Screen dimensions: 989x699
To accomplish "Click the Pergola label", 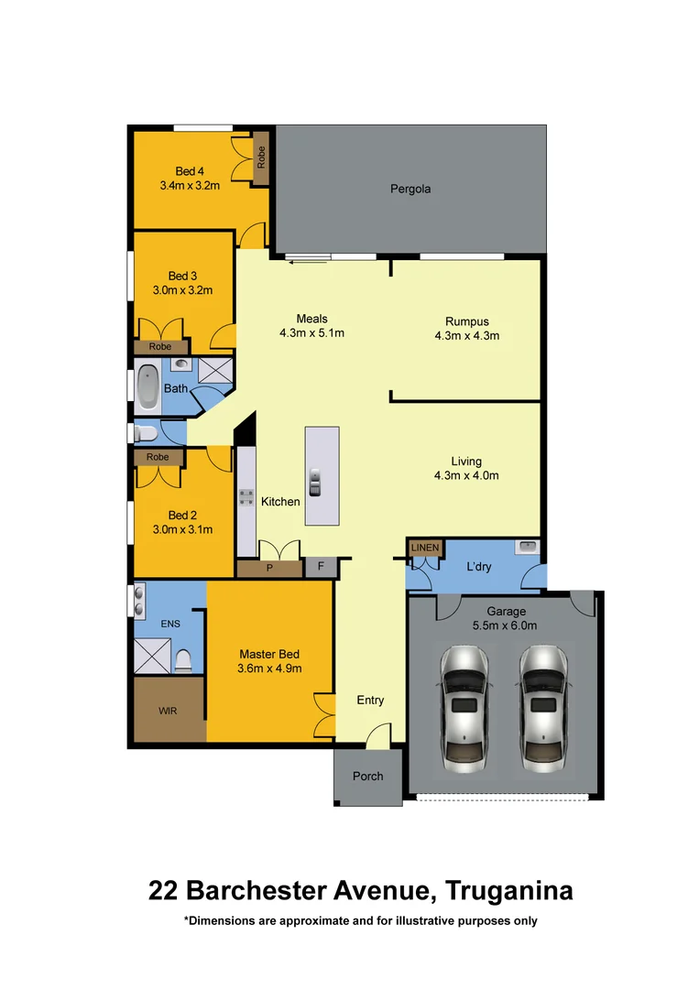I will tap(409, 190).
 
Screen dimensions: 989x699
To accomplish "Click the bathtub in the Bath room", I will tap(147, 386).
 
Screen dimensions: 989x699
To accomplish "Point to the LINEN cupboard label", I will tap(425, 548).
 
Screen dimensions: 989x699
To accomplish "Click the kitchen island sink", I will tap(315, 482).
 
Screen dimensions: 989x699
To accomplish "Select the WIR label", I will tap(169, 710).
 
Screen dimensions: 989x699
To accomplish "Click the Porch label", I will tap(368, 776).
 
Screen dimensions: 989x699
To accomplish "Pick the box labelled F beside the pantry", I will tap(321, 568).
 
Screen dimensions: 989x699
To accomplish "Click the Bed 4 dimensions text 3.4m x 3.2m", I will tap(190, 185).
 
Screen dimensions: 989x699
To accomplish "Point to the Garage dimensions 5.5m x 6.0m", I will tap(506, 625).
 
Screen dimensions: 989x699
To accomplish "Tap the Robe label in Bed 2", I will tap(158, 456).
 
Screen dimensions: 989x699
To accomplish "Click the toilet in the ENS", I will tap(184, 659).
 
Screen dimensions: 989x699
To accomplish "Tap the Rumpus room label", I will tap(466, 321).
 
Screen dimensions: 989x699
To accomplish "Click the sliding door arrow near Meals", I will tap(307, 263).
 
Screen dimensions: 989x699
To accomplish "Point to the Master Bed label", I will tap(269, 654).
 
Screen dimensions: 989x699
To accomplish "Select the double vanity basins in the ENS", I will tap(139, 601).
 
